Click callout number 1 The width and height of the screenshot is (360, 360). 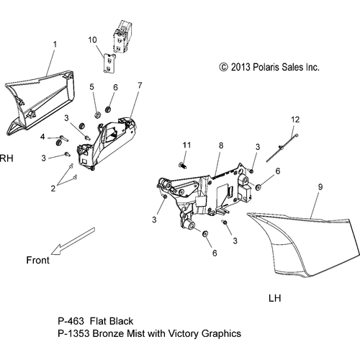tap(55, 45)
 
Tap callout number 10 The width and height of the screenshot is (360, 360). tap(92, 40)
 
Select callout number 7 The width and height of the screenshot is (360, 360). tap(140, 85)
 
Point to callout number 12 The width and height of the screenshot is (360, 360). tap(295, 120)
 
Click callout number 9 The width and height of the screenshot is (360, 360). tap(320, 187)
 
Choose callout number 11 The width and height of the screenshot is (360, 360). tap(186, 145)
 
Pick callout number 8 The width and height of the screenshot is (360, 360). tap(221, 145)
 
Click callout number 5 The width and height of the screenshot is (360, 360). tap(92, 87)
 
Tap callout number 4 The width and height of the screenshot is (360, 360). tap(42, 137)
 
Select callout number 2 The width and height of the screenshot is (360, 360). tap(53, 189)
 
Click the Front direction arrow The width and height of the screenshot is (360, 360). tap(73, 241)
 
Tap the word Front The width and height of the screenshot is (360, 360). tap(38, 261)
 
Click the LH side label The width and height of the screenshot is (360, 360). tap(274, 298)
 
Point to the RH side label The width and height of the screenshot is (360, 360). tap(6, 158)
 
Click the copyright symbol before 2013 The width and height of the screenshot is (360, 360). tap(223, 67)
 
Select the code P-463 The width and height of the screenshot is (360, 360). tap(71, 321)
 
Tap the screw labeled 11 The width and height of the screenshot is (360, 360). tap(183, 165)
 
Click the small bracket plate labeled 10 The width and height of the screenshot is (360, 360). tap(109, 63)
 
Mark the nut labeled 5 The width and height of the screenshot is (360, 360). tap(97, 114)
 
